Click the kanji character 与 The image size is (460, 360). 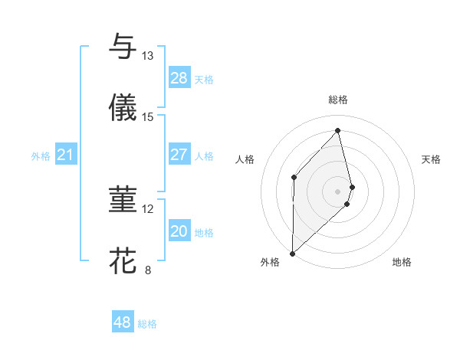[x=123, y=47]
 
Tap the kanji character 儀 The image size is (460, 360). [x=123, y=108]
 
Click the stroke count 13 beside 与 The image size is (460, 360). [x=147, y=56]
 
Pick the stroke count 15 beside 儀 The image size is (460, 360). [x=147, y=117]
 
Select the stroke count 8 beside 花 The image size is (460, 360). [x=147, y=270]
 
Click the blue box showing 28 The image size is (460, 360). [x=179, y=78]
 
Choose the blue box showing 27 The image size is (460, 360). [x=179, y=155]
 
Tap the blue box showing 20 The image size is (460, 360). [x=179, y=231]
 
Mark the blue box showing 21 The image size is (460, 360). [x=66, y=155]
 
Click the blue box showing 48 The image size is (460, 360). [x=123, y=322]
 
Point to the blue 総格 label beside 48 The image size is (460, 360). [x=147, y=324]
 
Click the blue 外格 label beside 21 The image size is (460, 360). [x=41, y=156]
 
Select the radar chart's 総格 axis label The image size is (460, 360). [x=338, y=100]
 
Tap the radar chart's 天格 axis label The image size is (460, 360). [x=432, y=159]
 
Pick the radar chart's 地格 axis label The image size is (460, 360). [x=402, y=262]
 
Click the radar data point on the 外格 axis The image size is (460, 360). [x=292, y=253]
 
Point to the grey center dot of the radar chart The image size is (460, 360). [x=338, y=191]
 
